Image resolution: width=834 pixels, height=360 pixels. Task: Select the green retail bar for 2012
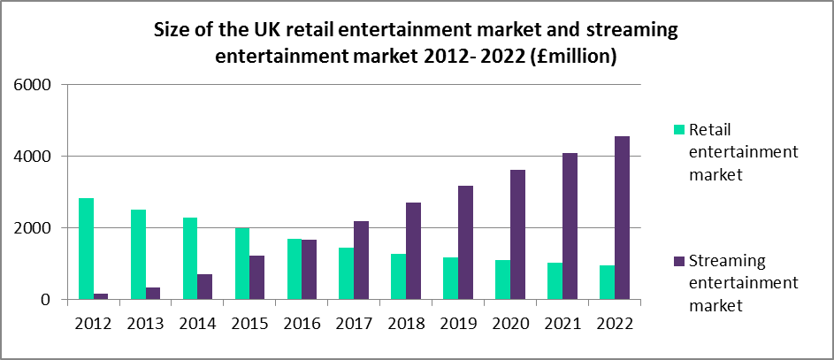[86, 249]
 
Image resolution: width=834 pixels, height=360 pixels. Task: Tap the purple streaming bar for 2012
[102, 296]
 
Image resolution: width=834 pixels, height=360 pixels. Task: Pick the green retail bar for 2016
[295, 269]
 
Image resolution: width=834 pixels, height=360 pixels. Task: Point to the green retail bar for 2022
[608, 282]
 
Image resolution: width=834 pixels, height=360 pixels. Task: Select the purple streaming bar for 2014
[206, 287]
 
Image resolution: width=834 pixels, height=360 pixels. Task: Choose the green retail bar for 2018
[399, 277]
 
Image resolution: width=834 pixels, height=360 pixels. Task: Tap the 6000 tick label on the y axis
[33, 85]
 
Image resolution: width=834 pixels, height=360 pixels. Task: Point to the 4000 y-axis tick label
[33, 157]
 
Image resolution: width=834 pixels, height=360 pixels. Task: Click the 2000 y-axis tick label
[33, 228]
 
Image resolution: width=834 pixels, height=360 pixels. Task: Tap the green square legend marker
[679, 129]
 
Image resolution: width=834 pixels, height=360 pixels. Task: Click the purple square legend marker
[679, 261]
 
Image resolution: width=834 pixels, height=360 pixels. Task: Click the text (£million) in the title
[566, 56]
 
